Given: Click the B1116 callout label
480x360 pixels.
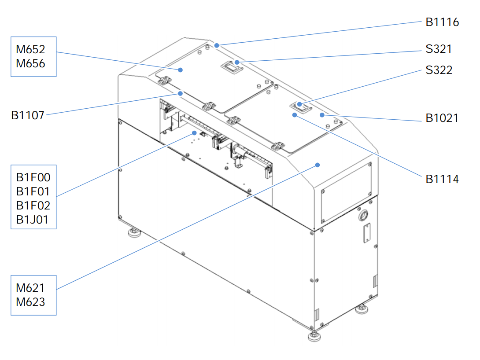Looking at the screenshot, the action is click(442, 22).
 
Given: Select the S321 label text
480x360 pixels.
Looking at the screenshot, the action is click(438, 49).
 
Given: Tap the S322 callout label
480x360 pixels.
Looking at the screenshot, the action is click(439, 70).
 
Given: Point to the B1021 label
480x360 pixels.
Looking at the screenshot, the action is click(442, 118).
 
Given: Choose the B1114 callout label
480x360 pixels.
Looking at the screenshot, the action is click(442, 179).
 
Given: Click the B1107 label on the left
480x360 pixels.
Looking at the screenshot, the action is click(28, 115).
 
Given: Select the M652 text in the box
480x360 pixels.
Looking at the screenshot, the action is click(30, 49).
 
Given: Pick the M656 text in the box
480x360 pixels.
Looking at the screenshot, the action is click(30, 64).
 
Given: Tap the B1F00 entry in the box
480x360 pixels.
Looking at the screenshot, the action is click(33, 177).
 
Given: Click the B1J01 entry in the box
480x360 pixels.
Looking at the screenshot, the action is click(32, 220).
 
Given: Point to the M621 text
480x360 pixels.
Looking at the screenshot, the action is click(30, 288).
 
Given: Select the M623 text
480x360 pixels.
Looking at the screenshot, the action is click(30, 302).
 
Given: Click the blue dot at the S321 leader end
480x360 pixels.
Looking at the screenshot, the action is click(237, 62).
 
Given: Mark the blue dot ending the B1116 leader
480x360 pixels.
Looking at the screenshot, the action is click(217, 46).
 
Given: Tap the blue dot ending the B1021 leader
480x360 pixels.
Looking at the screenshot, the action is click(322, 115).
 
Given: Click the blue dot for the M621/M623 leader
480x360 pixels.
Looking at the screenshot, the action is click(318, 165).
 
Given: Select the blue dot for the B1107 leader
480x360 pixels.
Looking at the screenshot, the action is click(180, 93).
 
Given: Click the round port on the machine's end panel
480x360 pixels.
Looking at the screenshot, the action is click(363, 215).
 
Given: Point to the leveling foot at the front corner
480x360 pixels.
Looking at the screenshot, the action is click(314, 336).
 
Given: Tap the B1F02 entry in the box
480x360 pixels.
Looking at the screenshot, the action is click(33, 206).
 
